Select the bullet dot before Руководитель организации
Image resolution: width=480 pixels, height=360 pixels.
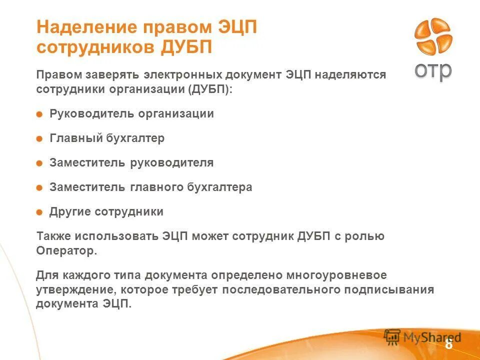tap(39, 114)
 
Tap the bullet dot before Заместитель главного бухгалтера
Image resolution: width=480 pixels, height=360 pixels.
tap(39, 188)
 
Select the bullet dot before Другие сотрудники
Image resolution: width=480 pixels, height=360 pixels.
tap(39, 212)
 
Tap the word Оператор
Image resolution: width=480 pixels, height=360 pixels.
tap(66, 251)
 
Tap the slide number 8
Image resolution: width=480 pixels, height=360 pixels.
tap(448, 344)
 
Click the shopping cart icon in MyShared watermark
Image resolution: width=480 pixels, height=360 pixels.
tap(393, 337)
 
